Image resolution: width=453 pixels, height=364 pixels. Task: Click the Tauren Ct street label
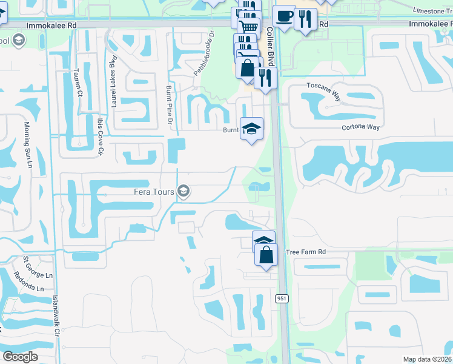79,84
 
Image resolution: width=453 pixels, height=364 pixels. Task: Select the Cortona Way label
360,127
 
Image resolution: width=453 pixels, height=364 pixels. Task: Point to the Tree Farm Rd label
306,251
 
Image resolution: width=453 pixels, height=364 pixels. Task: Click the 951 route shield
282,298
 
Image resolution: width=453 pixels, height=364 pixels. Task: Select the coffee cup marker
283,16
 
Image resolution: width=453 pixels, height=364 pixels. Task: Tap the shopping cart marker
248,26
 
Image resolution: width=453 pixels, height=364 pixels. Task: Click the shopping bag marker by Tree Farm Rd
266,254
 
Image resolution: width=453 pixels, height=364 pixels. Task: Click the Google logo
20,356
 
